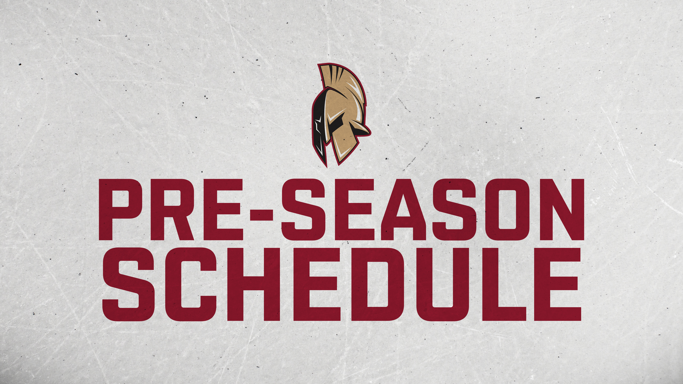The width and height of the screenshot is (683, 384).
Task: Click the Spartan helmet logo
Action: coord(341,115)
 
